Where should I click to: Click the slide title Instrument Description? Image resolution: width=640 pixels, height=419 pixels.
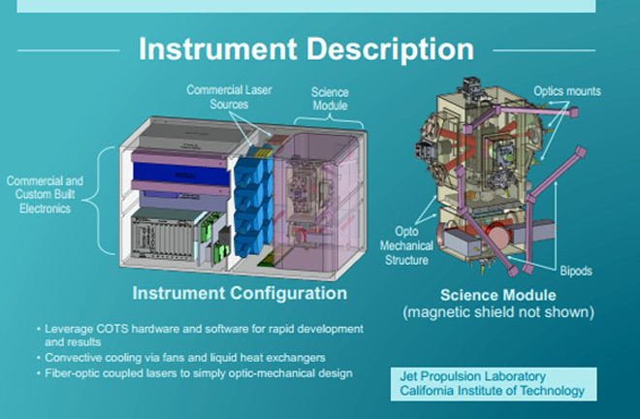pyautogui.click(x=306, y=49)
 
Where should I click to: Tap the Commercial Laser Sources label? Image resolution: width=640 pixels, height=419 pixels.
pyautogui.click(x=229, y=97)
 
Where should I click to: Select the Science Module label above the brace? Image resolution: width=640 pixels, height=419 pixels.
pyautogui.click(x=330, y=99)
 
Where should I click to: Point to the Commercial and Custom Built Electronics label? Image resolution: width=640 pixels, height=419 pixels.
pyautogui.click(x=45, y=195)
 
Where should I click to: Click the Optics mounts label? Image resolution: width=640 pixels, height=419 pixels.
pyautogui.click(x=567, y=91)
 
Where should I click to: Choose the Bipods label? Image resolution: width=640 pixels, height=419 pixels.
pyautogui.click(x=576, y=271)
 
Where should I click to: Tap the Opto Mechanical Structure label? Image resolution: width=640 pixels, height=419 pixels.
pyautogui.click(x=406, y=245)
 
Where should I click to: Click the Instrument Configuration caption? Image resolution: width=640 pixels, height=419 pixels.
pyautogui.click(x=240, y=293)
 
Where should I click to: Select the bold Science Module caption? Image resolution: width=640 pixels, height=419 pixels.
pyautogui.click(x=498, y=295)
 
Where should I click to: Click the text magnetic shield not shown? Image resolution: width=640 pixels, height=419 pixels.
pyautogui.click(x=498, y=312)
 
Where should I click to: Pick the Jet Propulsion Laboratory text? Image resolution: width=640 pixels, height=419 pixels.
pyautogui.click(x=472, y=376)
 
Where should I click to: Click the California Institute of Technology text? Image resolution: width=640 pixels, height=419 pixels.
pyautogui.click(x=493, y=391)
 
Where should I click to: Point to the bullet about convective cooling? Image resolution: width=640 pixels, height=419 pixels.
pyautogui.click(x=185, y=358)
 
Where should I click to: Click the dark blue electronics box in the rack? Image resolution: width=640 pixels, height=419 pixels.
pyautogui.click(x=181, y=174)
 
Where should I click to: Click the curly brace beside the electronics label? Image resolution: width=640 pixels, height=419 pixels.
pyautogui.click(x=99, y=200)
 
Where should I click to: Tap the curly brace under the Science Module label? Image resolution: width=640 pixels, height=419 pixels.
pyautogui.click(x=329, y=120)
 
